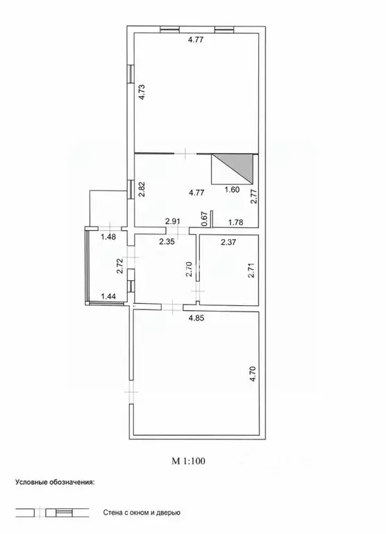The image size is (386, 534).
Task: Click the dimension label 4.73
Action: [x=142, y=92]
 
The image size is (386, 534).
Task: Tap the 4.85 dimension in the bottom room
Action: [x=196, y=318]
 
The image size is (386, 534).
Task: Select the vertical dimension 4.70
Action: [x=252, y=373]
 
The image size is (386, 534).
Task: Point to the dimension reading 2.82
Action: [x=142, y=190]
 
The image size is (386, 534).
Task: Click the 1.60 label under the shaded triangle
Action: [x=233, y=190]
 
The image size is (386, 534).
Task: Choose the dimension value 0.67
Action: [x=204, y=219]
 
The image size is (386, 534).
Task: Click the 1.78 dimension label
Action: [x=235, y=222]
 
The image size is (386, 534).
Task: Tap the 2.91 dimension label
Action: [x=173, y=221]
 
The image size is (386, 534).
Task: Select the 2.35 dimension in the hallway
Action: [x=167, y=242]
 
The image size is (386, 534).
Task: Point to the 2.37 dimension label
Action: [x=228, y=242]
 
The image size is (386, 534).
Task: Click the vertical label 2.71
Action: [x=251, y=270]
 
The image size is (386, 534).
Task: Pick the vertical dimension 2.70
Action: [x=190, y=269]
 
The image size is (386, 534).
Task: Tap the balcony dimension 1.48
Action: [x=108, y=237]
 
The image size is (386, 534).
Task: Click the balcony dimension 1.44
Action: [x=108, y=296]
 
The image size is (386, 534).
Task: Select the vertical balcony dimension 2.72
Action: [x=119, y=266]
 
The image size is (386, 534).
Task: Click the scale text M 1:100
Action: [x=188, y=461]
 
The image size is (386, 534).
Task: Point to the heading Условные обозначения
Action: [x=55, y=483]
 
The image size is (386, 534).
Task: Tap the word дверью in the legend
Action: [x=167, y=512]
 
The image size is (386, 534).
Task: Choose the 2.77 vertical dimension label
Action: [x=253, y=197]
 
